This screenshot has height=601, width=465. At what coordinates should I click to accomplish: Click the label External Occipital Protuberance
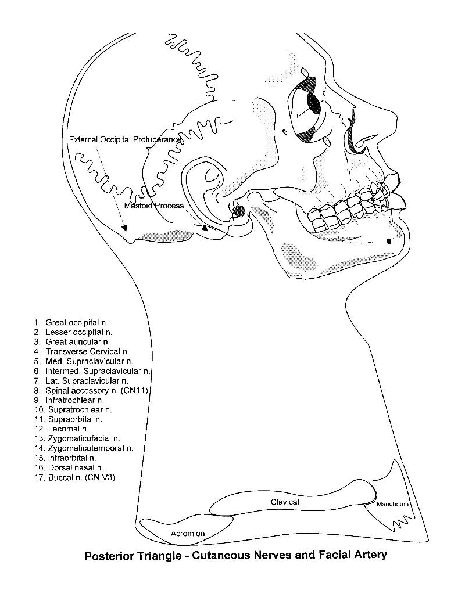coord(125,139)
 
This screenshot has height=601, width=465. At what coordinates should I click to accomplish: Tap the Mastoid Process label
coord(154,206)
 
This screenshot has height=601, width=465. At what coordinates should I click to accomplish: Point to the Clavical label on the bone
coord(285,502)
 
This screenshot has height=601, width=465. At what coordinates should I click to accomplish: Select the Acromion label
coord(188,533)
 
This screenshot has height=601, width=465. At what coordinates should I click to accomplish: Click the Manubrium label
coord(392,504)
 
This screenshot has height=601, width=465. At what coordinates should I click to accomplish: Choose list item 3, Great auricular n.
coord(71,342)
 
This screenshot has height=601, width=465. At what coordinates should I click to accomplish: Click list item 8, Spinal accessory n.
coord(91,391)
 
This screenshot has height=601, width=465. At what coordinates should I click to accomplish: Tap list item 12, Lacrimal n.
coord(62,429)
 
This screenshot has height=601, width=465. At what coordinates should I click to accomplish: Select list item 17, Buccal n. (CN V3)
coord(74,477)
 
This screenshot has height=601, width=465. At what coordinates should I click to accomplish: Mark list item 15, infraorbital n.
coord(65,458)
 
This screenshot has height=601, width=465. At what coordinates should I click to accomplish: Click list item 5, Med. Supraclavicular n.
coord(83,361)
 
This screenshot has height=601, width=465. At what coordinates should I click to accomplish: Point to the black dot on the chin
coord(389,241)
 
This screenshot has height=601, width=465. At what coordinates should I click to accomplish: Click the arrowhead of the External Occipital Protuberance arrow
coord(125,228)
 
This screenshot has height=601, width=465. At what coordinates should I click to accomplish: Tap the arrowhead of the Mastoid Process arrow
coord(205,228)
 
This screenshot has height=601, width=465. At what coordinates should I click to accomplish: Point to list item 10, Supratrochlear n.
coord(73,410)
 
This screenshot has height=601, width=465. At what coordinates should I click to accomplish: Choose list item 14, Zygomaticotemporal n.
coord(84,448)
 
